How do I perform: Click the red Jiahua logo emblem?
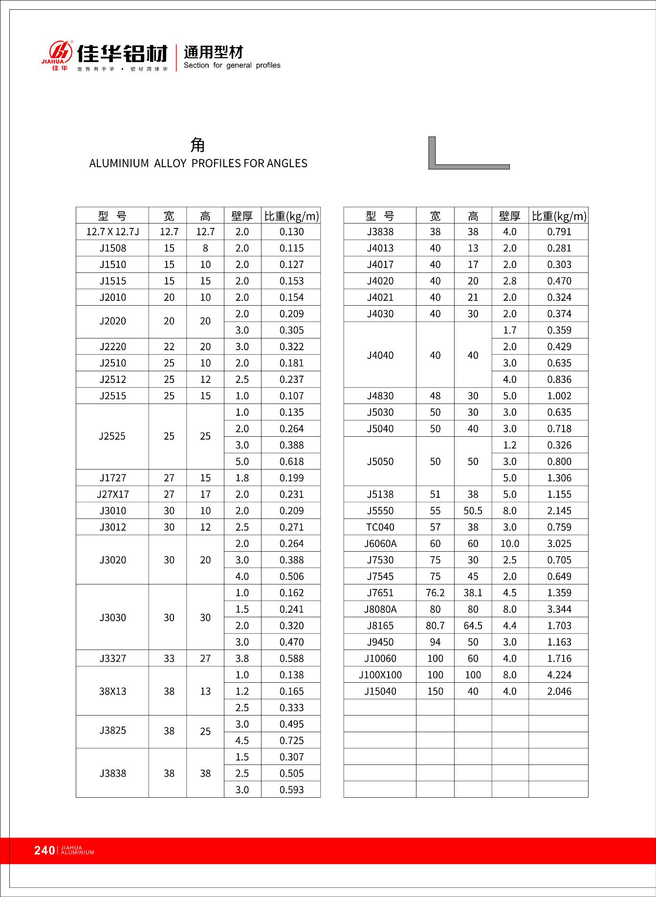(x=59, y=51)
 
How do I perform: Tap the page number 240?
(x=44, y=851)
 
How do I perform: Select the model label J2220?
(x=112, y=347)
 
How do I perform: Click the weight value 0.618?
(x=291, y=462)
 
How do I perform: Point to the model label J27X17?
(x=112, y=494)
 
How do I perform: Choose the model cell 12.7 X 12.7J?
(x=112, y=232)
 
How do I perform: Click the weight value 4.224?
(x=559, y=675)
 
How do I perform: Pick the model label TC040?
(x=380, y=527)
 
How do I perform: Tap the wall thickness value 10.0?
(x=509, y=544)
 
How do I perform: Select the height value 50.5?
(x=473, y=511)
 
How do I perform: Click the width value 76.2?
(x=435, y=593)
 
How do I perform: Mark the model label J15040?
(x=380, y=692)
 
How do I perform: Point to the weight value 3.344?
(x=559, y=609)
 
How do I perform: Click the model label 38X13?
(x=112, y=692)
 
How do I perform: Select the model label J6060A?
(x=380, y=544)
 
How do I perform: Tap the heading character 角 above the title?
(x=198, y=145)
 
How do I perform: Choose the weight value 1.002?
(x=559, y=396)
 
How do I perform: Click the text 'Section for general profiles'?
(x=232, y=66)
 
